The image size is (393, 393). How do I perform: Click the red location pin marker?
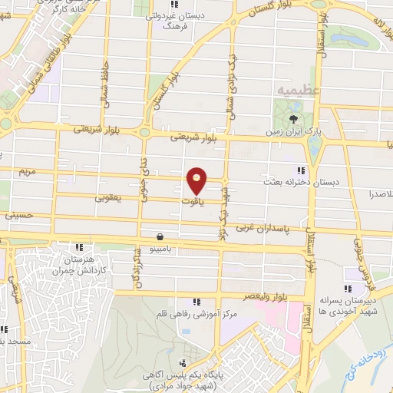(x=197, y=180)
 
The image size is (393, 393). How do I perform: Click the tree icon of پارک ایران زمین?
(x=295, y=117)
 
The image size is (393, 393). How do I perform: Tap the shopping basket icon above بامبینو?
(x=159, y=236)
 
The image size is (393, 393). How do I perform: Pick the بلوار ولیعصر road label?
(x=246, y=295)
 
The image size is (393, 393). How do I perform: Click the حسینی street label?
(x=20, y=216)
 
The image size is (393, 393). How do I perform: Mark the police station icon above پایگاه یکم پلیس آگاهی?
(x=182, y=362)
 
